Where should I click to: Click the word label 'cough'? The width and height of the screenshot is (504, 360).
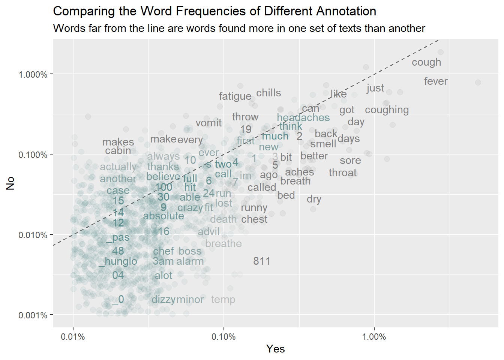point(426,62)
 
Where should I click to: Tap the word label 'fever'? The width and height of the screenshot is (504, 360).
point(436,81)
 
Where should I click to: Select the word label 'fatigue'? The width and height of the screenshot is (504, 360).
point(235,96)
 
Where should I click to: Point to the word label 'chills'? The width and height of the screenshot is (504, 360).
point(268,93)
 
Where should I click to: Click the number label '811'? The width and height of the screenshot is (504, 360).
point(262,261)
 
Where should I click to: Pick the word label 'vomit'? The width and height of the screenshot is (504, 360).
point(208,123)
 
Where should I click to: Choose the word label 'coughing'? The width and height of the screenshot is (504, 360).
point(387,110)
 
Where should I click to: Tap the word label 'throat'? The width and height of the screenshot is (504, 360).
point(343,172)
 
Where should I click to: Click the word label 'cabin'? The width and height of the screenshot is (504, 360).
point(118,150)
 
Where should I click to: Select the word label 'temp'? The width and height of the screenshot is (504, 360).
point(223,299)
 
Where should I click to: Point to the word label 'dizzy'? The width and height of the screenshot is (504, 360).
point(163,299)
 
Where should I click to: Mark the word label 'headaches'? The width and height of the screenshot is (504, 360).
point(303,117)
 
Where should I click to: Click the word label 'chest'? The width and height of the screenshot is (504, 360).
point(254,219)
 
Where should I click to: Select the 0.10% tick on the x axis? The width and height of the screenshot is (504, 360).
point(223,337)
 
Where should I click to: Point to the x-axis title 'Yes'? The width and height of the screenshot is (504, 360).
point(276,349)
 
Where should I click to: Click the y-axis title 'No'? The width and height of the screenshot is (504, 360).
point(10,183)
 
